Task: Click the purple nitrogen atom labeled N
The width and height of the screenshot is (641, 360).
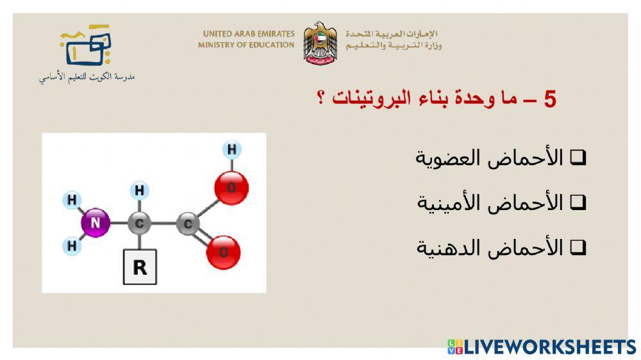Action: point(95,223)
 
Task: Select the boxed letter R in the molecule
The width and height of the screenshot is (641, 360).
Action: point(140,267)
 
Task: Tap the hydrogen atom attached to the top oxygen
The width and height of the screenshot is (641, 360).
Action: point(232,150)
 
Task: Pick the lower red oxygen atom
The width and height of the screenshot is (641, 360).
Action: point(223,252)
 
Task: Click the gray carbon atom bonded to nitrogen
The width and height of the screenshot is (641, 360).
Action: point(139,224)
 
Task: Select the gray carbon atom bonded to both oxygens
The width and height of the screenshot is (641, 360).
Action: point(188,224)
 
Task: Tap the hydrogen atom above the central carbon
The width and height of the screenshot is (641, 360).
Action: point(139,190)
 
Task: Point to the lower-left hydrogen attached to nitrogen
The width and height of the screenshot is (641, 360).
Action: point(72,245)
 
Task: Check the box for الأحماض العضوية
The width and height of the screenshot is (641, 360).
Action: point(578,158)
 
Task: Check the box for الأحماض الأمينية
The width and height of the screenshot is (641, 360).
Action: point(578,202)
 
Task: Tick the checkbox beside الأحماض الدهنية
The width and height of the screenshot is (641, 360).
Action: point(578,247)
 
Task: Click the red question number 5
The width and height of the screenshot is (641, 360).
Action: point(549,99)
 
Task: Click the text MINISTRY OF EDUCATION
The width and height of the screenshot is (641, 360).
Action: point(246,45)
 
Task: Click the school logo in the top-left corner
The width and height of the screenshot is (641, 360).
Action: point(86,46)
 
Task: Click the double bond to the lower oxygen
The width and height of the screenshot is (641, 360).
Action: point(206,238)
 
